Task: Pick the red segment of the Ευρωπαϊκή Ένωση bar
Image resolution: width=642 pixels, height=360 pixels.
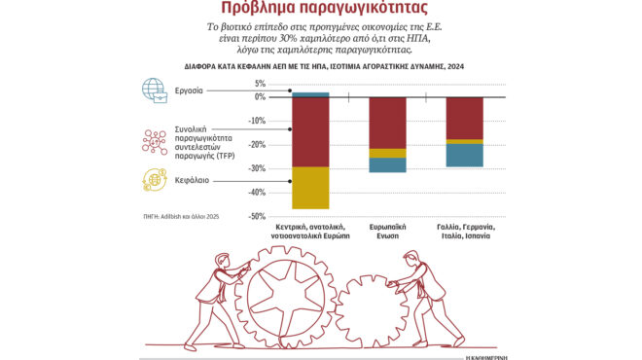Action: pos(387,123)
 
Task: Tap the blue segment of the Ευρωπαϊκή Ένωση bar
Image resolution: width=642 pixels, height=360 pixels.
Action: pos(387,164)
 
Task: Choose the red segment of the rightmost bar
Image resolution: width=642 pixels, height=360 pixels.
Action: pos(464,118)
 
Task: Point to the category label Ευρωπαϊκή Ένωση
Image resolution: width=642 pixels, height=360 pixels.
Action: pos(387,230)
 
